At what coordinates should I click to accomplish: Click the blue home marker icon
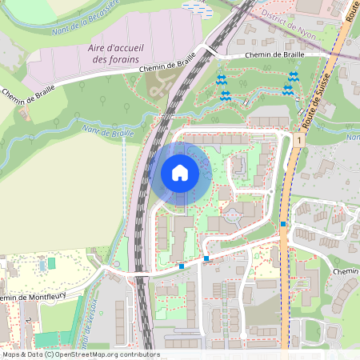coord(180,173)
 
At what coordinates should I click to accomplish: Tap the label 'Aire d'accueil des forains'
coord(115,54)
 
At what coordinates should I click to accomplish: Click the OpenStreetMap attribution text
coord(80,354)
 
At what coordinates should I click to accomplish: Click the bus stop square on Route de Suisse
coord(283,224)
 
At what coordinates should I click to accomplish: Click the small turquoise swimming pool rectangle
coord(52,262)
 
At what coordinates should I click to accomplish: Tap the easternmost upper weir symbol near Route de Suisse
coord(294,78)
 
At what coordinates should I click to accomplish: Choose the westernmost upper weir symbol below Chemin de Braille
coord(221,81)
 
